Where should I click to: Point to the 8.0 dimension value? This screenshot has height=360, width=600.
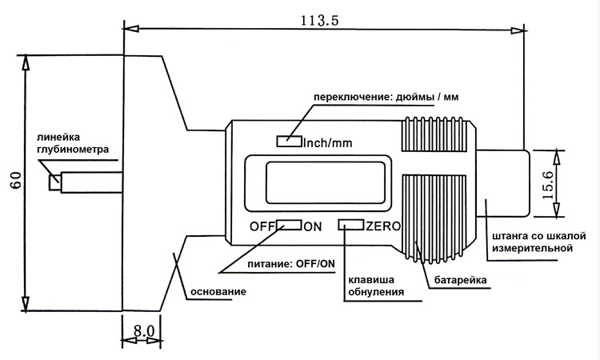point(143,330)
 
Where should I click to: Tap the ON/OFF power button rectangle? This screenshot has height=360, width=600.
point(290,225)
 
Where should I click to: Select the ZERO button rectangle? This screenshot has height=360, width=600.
point(350,225)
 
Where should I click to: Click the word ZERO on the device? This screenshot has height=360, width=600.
point(383,226)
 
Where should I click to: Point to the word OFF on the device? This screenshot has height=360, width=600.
point(262,226)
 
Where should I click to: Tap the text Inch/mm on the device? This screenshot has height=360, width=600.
point(328,142)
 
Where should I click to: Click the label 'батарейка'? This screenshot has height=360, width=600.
point(462,281)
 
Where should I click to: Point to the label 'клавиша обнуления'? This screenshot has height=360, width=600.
point(374,286)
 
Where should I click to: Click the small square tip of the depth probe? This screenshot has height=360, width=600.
point(54,182)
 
